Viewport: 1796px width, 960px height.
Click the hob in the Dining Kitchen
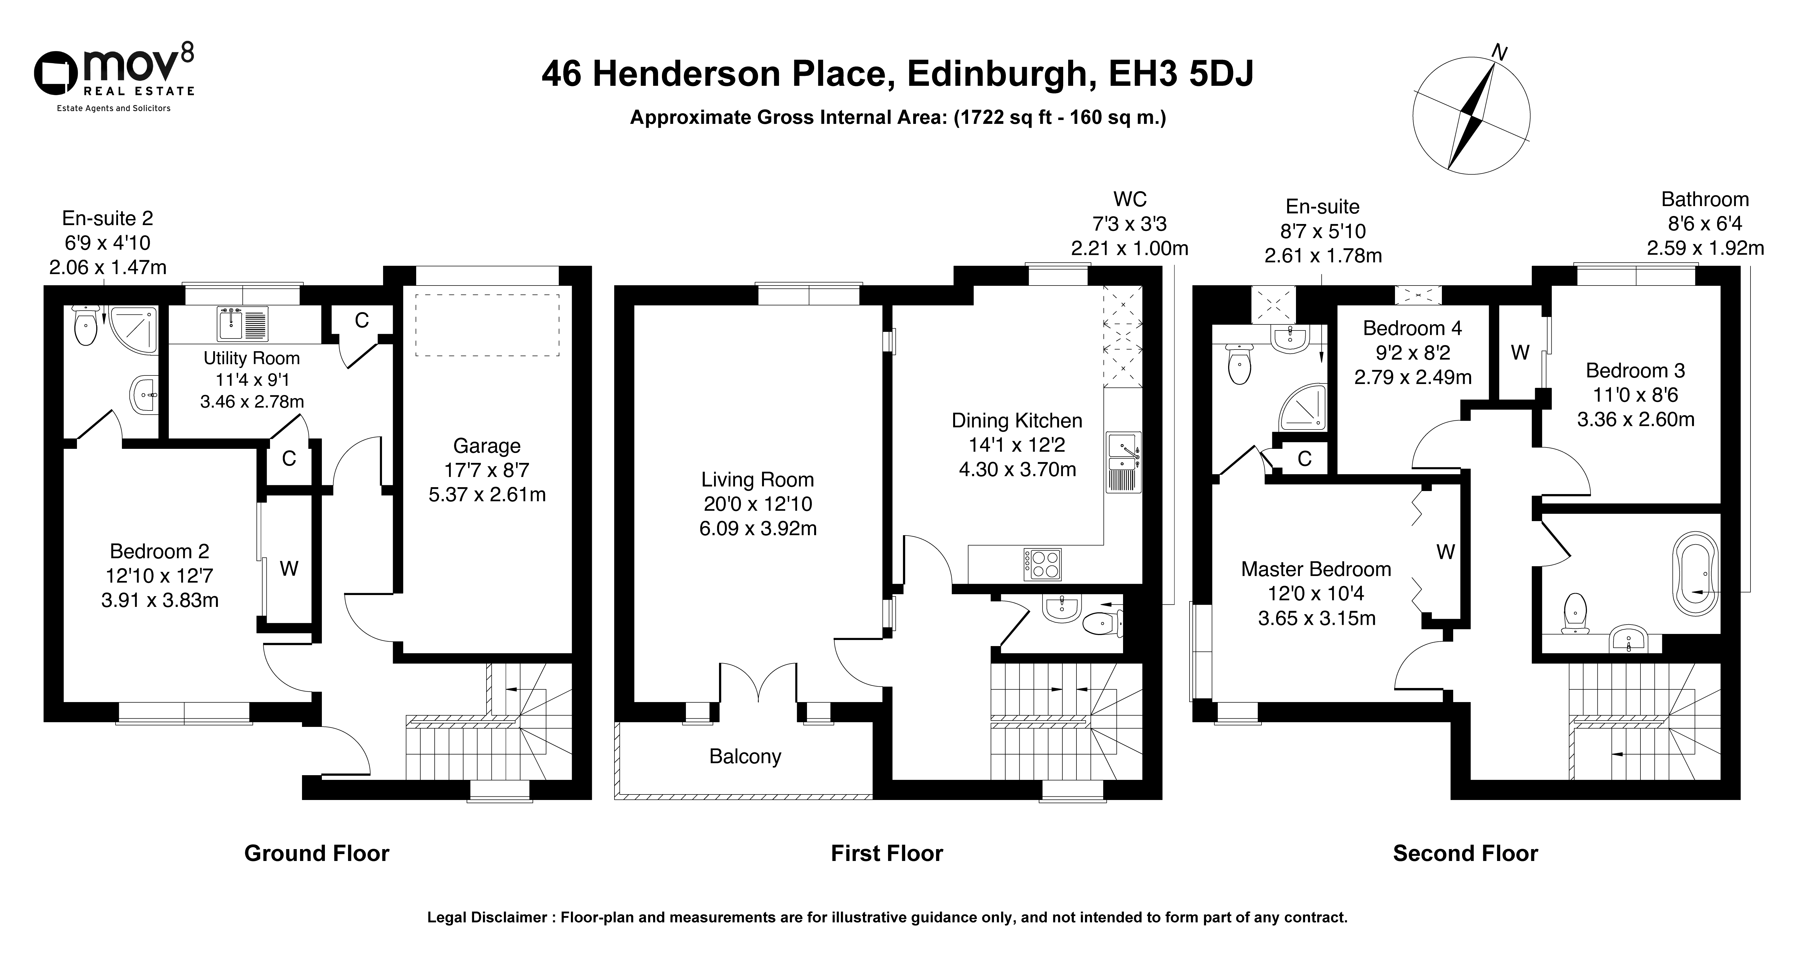(1042, 565)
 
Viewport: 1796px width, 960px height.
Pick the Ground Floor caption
(317, 853)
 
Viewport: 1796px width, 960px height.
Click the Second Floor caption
(1466, 853)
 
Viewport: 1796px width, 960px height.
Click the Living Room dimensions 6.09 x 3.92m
(758, 529)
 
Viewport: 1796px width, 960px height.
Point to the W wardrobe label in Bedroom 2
(289, 569)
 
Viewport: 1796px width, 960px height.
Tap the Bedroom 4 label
(1413, 328)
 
